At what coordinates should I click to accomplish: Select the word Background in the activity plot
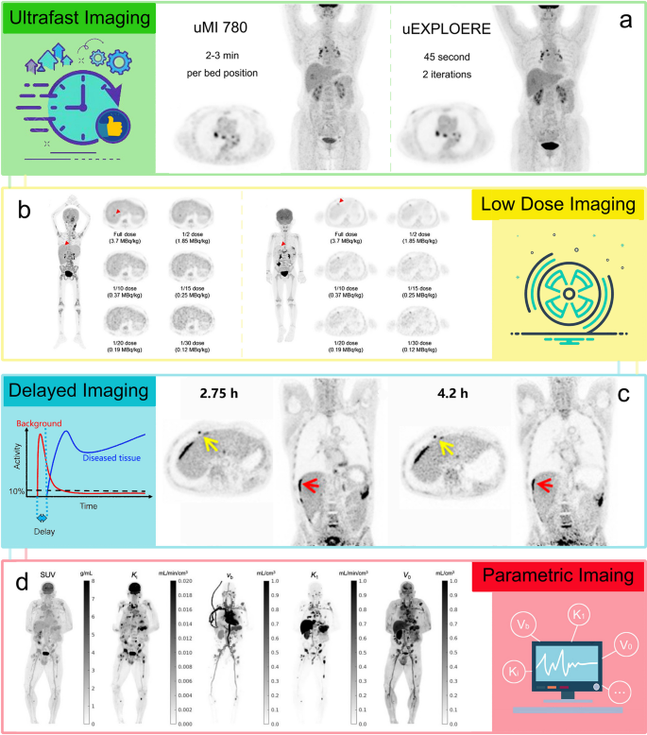pos(49,426)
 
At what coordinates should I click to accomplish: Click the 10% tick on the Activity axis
pos(16,490)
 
